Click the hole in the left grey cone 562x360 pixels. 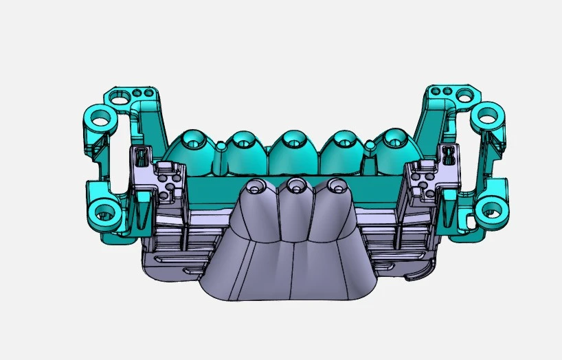coord(256,187)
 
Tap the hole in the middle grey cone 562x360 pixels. coord(296,184)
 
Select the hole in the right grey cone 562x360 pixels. coord(335,185)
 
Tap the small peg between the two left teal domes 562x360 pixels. coord(221,146)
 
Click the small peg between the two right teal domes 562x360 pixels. coord(370,145)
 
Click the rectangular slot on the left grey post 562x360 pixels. coord(142,155)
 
